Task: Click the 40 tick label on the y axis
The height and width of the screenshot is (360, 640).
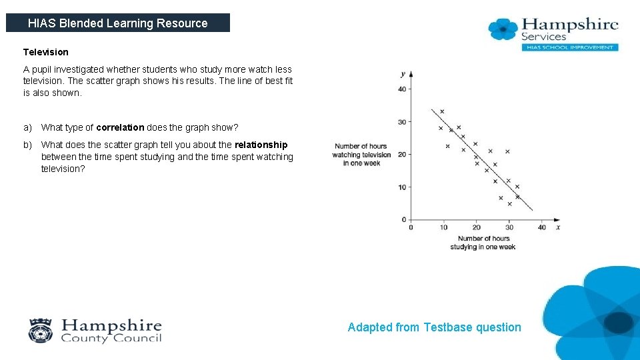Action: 402,89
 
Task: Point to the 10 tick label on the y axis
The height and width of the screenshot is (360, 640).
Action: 402,187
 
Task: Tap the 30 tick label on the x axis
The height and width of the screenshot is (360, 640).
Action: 509,228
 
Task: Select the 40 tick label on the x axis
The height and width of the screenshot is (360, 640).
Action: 542,228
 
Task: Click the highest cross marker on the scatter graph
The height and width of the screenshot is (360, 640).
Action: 442,111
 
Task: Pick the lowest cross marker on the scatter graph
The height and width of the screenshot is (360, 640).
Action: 510,204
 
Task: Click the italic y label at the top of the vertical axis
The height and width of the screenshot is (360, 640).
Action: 403,73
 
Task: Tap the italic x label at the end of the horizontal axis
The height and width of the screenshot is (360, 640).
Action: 558,227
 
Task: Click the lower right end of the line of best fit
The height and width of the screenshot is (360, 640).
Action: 532,210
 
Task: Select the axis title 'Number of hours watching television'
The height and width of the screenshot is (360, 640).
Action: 361,155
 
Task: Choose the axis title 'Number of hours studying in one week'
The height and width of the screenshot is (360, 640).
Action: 483,243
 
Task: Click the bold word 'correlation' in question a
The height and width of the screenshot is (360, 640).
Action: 120,127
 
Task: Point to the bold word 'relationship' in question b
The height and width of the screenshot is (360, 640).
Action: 261,145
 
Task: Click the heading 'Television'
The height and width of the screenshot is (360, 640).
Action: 45,52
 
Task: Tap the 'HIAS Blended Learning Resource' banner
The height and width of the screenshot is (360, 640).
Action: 118,23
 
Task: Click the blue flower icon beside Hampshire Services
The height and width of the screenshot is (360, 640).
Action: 503,29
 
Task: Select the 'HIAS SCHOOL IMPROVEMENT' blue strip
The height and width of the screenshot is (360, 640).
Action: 569,47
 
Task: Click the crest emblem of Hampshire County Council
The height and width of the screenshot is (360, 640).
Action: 40,330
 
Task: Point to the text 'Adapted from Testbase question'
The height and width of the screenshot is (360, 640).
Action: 434,327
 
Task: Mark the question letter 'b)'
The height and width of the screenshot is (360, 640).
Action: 27,145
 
